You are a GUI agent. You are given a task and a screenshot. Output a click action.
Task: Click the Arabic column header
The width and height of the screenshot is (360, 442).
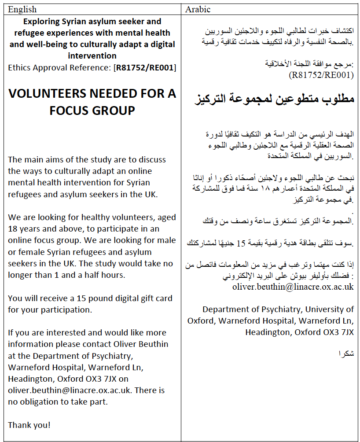[x=198, y=9]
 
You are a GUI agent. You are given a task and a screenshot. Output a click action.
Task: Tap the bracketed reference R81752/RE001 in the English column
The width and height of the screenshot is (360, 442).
[x=145, y=67]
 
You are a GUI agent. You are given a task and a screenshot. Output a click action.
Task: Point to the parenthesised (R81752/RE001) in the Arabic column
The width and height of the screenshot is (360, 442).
[x=321, y=75]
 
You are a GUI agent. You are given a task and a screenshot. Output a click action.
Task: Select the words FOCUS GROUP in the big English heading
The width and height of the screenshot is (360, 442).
[x=92, y=110]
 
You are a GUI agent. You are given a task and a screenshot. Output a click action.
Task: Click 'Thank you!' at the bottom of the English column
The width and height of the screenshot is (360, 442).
[x=29, y=425]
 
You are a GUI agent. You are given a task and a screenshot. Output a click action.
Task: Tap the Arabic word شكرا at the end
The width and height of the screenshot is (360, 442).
[x=346, y=354]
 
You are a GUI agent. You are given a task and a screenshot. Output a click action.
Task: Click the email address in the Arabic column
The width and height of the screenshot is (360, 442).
[x=293, y=287]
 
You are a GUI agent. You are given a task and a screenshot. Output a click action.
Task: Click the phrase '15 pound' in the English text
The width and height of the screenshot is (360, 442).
[x=84, y=298]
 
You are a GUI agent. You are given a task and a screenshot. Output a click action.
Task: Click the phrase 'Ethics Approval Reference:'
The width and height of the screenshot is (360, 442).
[x=60, y=67]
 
